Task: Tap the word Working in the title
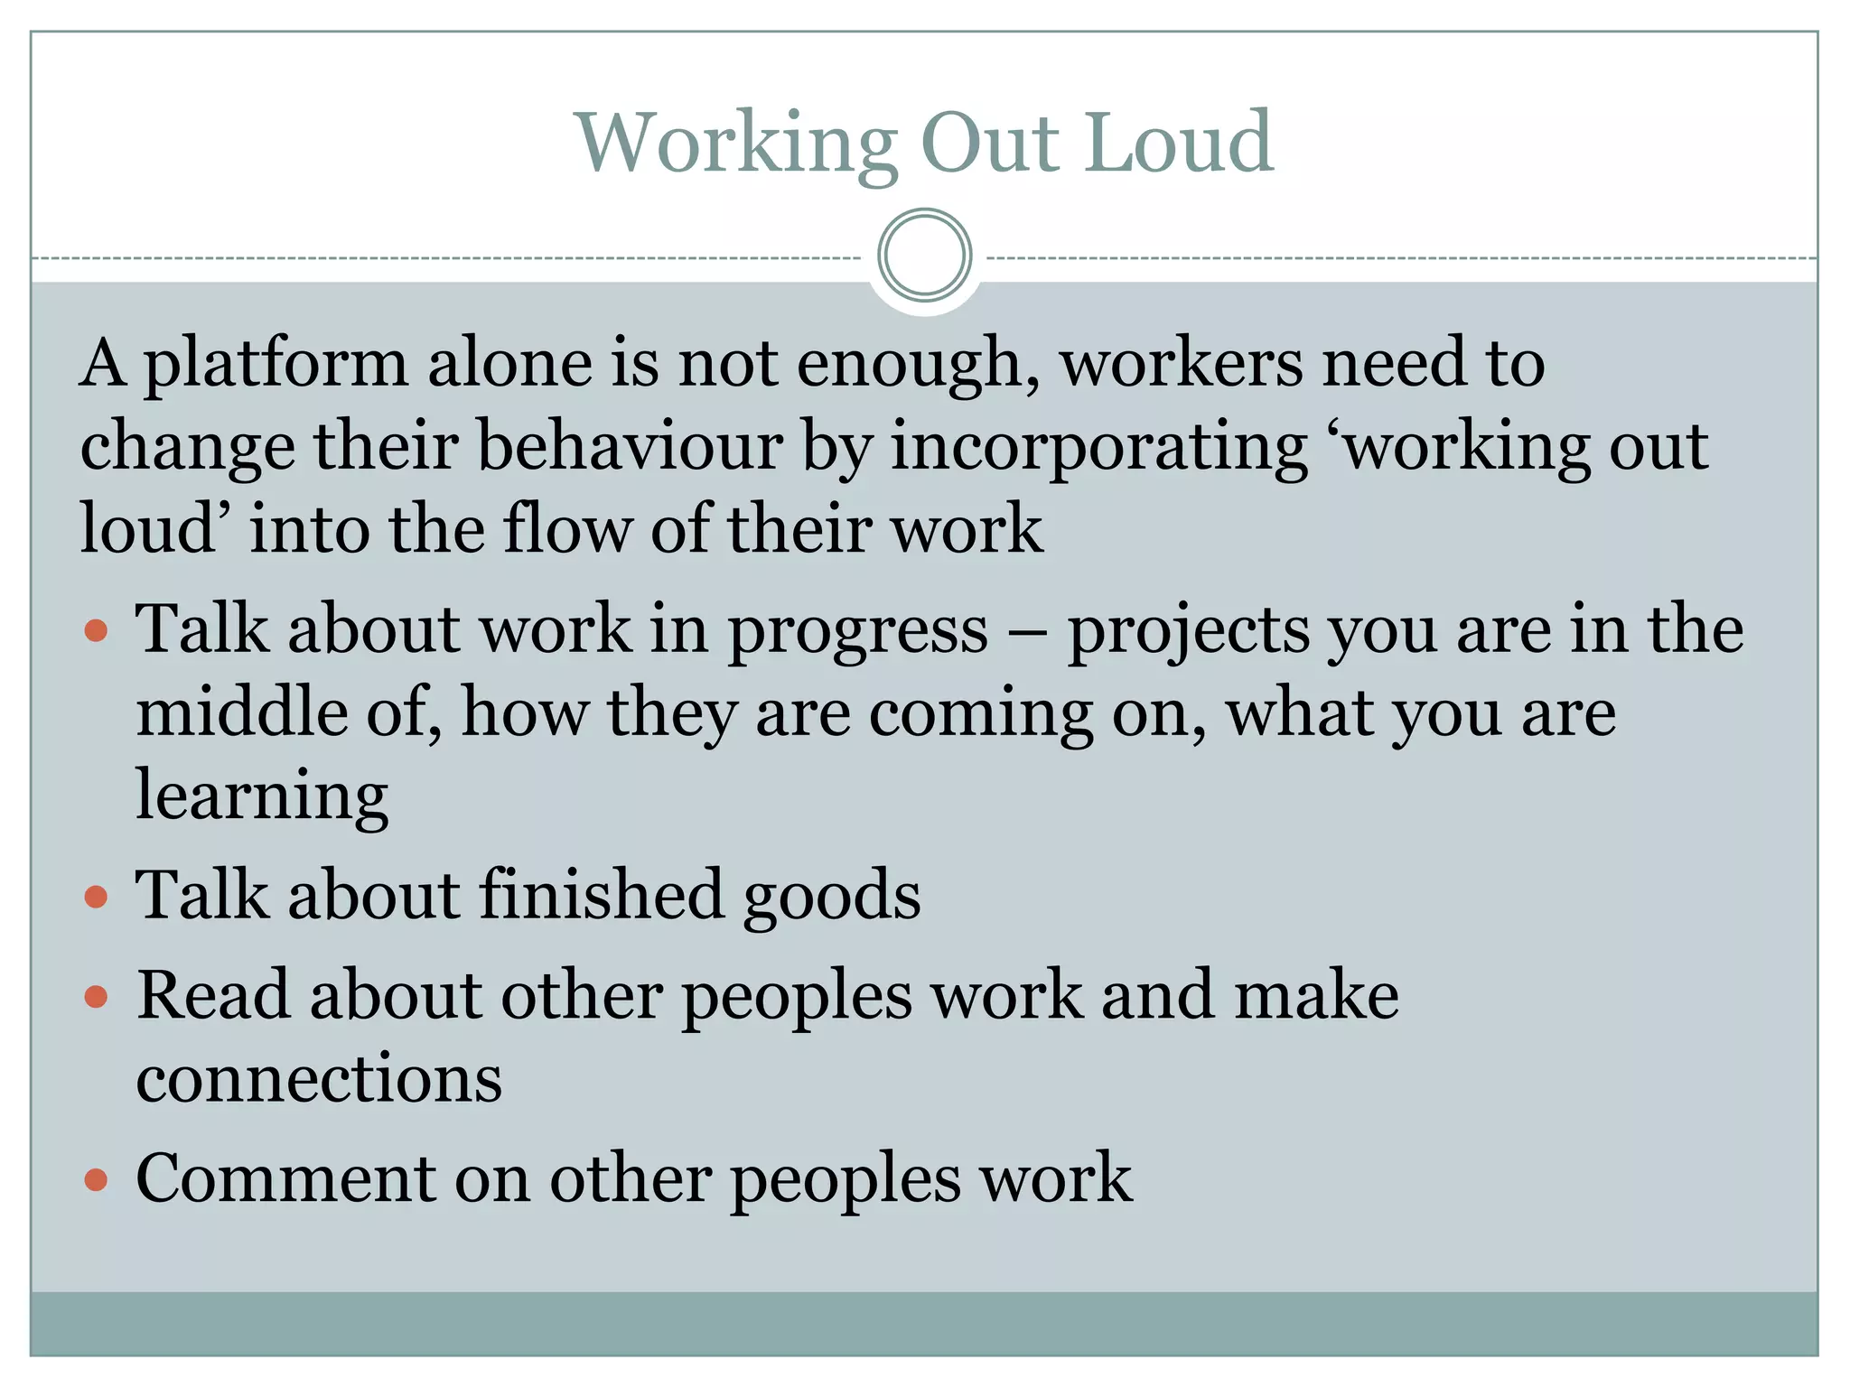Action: tap(736, 144)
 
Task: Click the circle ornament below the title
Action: tap(924, 256)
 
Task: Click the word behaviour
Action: tap(630, 446)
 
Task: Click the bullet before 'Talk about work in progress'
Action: tap(96, 629)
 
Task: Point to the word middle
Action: tap(241, 712)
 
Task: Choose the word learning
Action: tap(262, 797)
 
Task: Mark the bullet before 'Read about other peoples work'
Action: tap(96, 997)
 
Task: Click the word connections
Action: tap(319, 1079)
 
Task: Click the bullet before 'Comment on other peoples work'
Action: tap(96, 1179)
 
